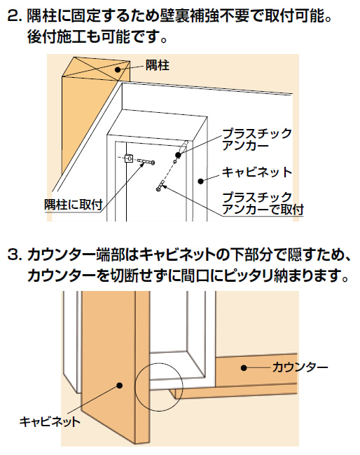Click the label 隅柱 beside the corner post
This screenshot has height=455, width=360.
coord(158,65)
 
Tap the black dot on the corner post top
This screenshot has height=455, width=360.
coord(118,69)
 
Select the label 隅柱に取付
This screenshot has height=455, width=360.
coord(74,204)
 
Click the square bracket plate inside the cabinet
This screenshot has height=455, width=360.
coord(129,158)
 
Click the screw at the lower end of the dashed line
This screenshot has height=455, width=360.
coord(160,185)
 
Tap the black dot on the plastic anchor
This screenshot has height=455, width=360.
coord(178,155)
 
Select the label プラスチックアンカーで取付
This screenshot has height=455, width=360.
coord(263,203)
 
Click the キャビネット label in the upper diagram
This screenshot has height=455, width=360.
coord(257,172)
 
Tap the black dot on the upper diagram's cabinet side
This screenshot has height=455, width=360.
coord(200,182)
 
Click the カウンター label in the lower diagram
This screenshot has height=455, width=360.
coord(300,367)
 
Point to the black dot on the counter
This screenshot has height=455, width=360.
coord(244,367)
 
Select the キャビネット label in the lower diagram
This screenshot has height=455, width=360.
coord(50,421)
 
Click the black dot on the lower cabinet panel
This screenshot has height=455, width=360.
coord(120,386)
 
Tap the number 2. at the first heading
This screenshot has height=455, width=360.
coord(15,16)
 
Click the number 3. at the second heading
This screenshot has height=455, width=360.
coord(15,255)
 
